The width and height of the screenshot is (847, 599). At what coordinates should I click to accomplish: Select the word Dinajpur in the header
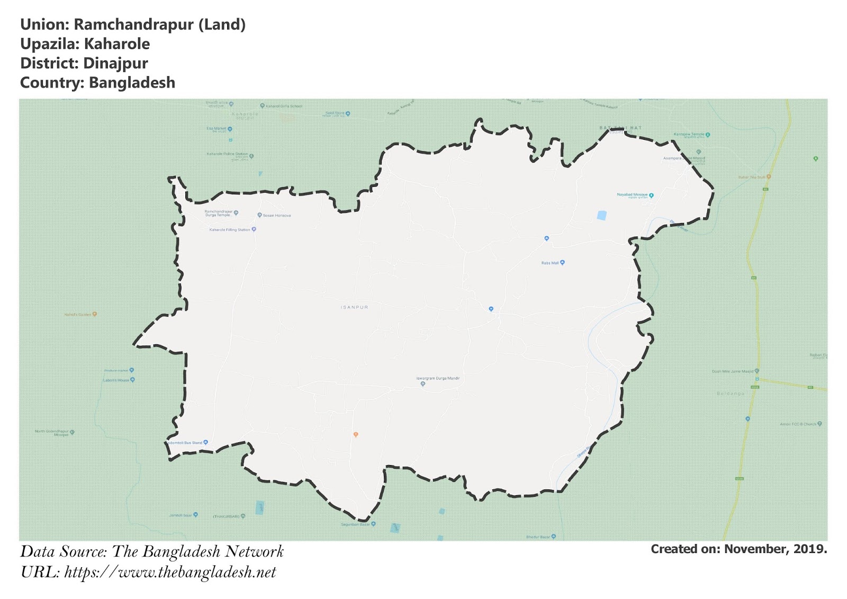[x=115, y=64]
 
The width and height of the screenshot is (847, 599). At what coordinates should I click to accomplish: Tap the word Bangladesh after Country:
[x=132, y=83]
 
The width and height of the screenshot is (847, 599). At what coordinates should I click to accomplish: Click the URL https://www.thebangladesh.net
[x=170, y=572]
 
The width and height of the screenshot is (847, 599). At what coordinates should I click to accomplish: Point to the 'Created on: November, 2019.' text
[x=738, y=549]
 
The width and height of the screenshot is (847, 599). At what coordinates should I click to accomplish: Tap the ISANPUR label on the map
[x=354, y=307]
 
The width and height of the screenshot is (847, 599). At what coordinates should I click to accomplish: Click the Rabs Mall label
[x=550, y=263]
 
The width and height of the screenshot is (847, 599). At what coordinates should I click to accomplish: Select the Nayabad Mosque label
[x=632, y=195]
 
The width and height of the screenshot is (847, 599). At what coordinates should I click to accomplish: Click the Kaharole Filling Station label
[x=230, y=230]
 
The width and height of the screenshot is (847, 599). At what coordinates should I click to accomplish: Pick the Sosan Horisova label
[x=276, y=216]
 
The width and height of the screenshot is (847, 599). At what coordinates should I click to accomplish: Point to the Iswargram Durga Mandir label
[x=438, y=378]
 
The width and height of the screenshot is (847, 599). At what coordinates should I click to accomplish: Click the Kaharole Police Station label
[x=227, y=154]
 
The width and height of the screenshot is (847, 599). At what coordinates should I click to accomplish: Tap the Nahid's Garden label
[x=78, y=315]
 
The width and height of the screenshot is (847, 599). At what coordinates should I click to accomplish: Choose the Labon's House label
[x=116, y=380]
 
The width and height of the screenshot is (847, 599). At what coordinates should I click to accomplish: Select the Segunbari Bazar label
[x=355, y=524]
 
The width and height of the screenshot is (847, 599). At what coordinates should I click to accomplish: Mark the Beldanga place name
[x=731, y=394]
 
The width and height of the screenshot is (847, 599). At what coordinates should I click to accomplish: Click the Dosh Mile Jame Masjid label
[x=732, y=371]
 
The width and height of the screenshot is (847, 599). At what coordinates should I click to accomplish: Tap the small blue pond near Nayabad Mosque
[x=601, y=216]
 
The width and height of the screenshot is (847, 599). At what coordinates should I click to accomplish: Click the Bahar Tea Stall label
[x=752, y=177]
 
